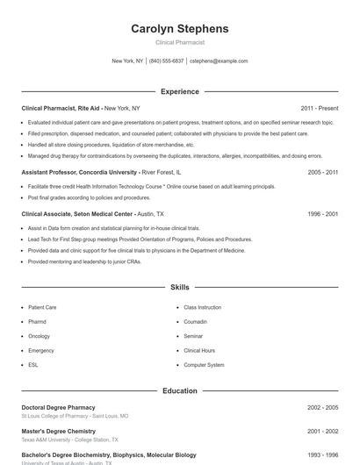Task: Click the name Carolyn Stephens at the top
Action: [x=179, y=28]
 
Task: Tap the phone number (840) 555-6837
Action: [x=166, y=61]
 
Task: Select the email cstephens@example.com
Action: [x=219, y=61]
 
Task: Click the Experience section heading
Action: [x=179, y=91]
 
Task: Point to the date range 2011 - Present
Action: [x=319, y=108]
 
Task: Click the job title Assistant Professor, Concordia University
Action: [x=79, y=173]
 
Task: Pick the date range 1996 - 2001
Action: [x=322, y=213]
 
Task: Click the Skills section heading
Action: [x=179, y=287]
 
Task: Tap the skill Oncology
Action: [x=39, y=336]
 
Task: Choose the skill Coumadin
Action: [x=197, y=322]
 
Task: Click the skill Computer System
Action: [x=204, y=364]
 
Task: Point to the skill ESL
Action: [x=33, y=364]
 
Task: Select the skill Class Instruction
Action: [x=202, y=308]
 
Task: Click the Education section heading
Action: [x=179, y=390]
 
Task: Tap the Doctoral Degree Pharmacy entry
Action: [x=58, y=407]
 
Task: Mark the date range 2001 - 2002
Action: [x=322, y=432]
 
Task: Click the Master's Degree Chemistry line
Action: [x=58, y=432]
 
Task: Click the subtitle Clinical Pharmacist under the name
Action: [x=179, y=42]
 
